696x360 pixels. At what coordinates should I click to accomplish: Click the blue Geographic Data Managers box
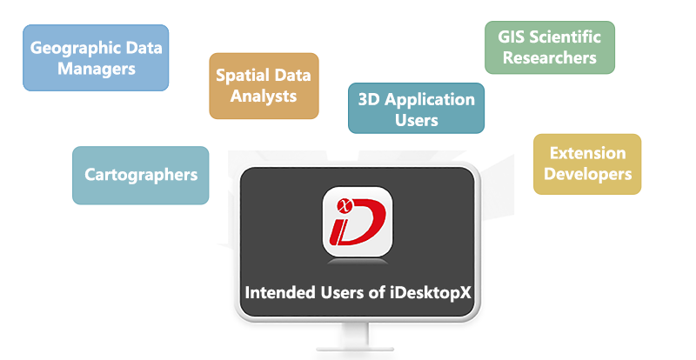tap(96, 57)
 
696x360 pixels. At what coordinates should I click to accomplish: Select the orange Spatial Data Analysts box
tap(264, 86)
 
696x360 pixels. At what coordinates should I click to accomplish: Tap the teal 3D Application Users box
tap(417, 108)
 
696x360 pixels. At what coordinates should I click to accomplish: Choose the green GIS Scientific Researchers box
tap(550, 47)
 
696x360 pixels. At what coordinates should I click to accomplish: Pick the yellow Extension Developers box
tap(587, 163)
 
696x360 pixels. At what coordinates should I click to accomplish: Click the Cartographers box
tap(141, 175)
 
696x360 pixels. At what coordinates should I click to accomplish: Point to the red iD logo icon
tap(358, 221)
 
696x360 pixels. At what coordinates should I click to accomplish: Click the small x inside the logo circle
tap(345, 205)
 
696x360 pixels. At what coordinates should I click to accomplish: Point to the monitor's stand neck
tap(355, 334)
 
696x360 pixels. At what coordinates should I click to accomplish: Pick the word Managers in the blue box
tap(97, 70)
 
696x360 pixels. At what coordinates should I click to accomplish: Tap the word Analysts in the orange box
tap(264, 97)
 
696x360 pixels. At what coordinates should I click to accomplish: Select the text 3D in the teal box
tap(369, 99)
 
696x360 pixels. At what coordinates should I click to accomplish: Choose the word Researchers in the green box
tap(550, 57)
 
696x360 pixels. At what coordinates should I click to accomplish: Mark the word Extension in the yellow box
tap(588, 153)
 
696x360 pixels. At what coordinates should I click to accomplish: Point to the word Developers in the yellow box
tap(588, 174)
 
